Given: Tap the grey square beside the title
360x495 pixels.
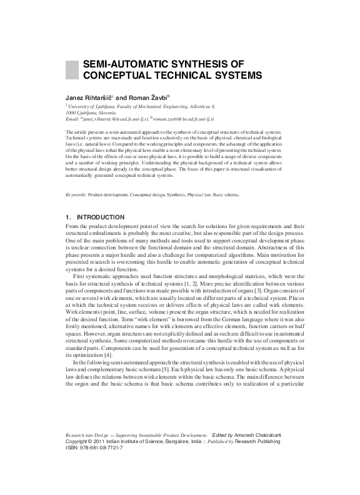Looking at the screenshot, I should point(71,69).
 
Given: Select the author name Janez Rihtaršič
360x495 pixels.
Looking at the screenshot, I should point(89,98).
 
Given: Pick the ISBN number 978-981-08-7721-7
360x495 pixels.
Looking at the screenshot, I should point(100,448).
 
